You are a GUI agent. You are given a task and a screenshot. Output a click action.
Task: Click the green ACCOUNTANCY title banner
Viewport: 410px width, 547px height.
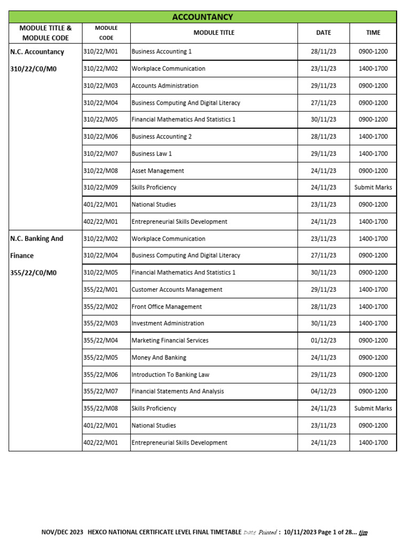coord(202,17)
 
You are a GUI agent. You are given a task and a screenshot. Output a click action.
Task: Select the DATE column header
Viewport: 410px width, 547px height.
coord(324,33)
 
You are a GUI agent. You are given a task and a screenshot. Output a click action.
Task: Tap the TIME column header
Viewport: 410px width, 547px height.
coord(373,33)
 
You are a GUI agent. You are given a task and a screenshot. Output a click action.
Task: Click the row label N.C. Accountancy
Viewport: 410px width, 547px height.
coord(37,52)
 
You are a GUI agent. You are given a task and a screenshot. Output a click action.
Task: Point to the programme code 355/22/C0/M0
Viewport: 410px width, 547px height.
coord(33,272)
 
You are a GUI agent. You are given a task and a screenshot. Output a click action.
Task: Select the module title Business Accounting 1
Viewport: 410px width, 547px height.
coord(161,52)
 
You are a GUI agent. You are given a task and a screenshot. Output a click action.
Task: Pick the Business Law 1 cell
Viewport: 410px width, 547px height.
coord(152,154)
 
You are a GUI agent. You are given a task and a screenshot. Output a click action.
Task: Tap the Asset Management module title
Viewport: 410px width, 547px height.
coord(157,171)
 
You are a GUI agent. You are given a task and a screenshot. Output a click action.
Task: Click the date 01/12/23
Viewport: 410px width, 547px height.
coord(324,340)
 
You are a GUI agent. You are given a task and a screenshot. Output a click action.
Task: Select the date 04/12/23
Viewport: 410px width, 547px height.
coord(324,392)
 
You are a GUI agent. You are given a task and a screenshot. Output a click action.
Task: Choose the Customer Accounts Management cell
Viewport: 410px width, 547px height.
coord(177,290)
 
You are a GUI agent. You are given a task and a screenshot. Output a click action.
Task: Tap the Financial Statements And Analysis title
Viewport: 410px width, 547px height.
coord(178,392)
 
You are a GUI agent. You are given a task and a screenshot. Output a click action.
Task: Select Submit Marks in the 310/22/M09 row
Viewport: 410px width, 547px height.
coord(373,187)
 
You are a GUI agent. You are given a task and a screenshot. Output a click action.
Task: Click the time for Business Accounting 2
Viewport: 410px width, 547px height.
coord(373,137)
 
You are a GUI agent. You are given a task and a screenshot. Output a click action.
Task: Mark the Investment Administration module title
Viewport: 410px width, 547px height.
coord(168,323)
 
